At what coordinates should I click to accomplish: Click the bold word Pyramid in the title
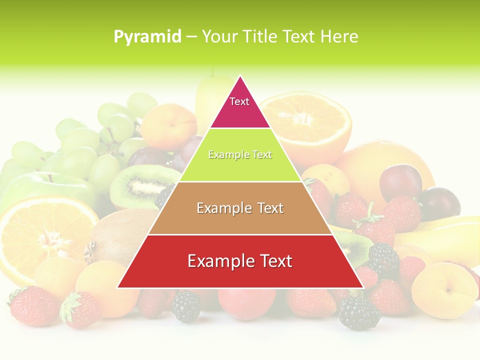[147, 37]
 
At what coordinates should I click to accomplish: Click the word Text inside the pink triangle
[239, 101]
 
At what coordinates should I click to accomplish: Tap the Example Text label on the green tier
[240, 155]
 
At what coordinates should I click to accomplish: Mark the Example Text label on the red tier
[240, 261]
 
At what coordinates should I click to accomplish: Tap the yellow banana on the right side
[440, 237]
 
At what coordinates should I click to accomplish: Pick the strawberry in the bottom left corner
[32, 305]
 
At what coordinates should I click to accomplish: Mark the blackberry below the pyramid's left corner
[186, 306]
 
